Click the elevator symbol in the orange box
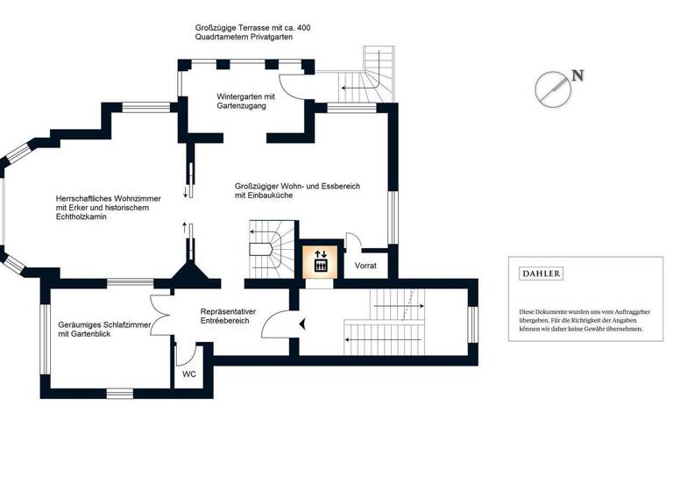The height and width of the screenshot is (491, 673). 320,260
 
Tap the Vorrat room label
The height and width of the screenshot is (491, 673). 365,266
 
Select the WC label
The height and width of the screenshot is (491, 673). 189,374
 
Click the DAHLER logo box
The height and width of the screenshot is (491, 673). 542,274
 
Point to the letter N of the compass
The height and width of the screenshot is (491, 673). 577,75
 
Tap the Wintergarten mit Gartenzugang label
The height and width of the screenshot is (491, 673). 246,101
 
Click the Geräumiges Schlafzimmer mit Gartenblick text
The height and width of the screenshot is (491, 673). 103,330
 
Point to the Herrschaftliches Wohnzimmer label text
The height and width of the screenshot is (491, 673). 103,207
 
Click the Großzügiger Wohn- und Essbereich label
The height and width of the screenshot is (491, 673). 297,191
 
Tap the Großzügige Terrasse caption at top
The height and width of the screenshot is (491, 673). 252,33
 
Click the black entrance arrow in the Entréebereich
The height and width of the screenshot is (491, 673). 302,324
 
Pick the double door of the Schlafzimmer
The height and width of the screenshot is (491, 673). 163,310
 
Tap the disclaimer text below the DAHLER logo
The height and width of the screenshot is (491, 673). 582,320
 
